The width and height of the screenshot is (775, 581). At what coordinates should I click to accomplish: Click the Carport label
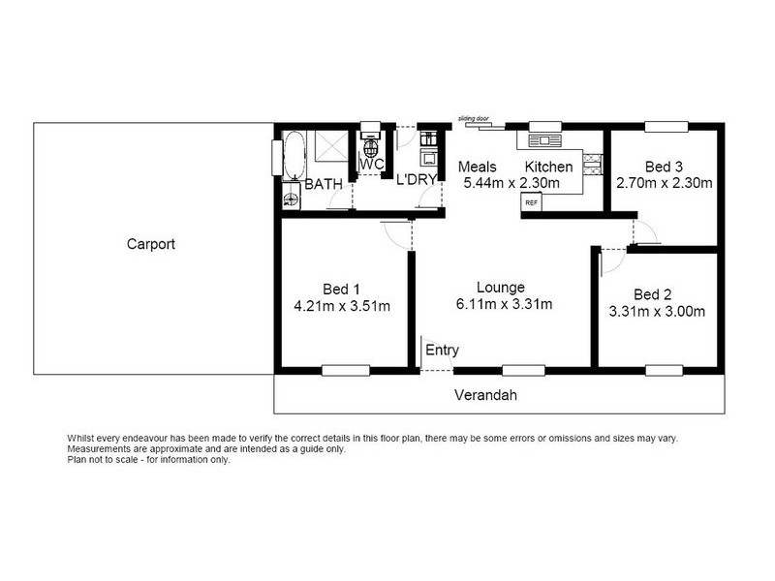point(150,244)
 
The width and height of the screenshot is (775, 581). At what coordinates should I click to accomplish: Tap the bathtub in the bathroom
point(293,156)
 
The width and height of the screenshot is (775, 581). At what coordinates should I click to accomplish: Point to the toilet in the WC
point(370,148)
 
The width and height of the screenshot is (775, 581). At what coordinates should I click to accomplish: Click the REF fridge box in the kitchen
point(531,203)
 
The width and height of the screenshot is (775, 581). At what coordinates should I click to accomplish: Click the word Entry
point(442,351)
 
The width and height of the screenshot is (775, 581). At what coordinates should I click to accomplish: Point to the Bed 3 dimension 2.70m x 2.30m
point(664,182)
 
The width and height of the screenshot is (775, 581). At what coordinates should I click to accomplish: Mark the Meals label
point(478,166)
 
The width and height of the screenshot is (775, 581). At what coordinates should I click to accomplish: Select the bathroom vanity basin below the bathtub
point(291,199)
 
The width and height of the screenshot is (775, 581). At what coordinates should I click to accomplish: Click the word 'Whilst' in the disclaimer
point(83,438)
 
